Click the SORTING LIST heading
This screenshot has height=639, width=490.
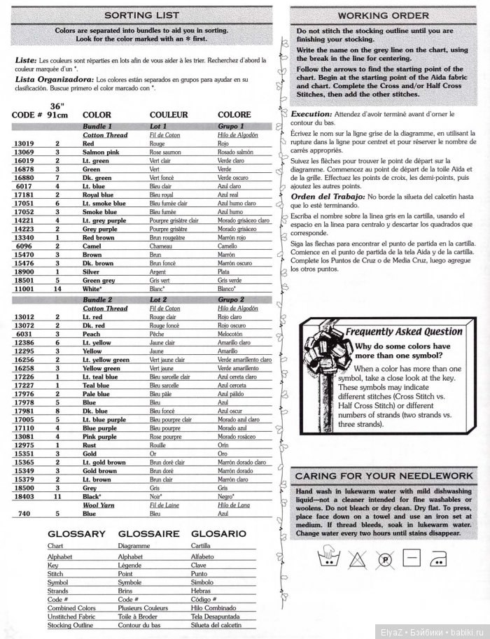[x=142, y=14]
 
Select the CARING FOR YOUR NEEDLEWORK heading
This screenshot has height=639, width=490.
[x=384, y=477]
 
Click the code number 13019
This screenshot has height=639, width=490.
[x=24, y=143]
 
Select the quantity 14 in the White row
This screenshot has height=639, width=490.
[x=57, y=288]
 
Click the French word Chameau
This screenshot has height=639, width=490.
[x=164, y=247]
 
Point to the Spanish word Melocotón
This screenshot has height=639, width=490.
[x=234, y=335]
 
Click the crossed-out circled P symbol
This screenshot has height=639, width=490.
[x=384, y=558]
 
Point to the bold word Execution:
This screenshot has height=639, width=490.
[x=311, y=113]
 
